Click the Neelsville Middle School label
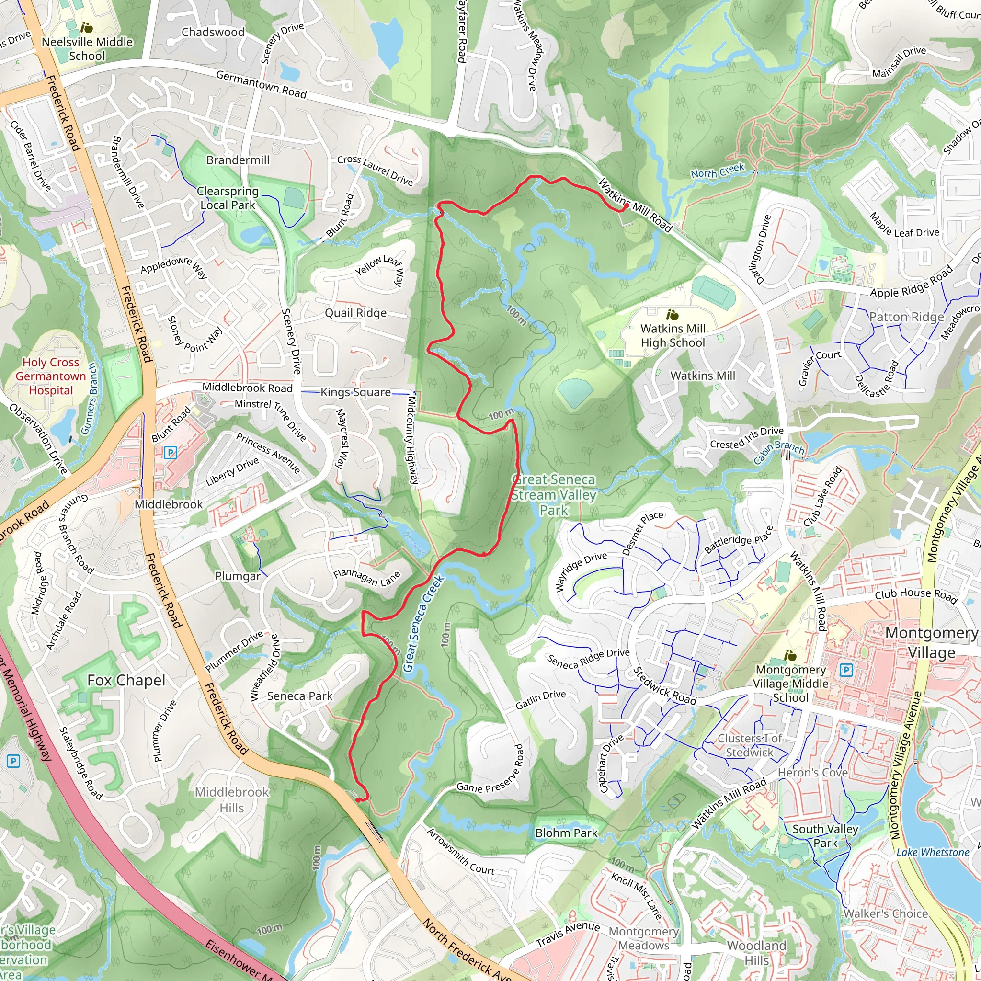pos(87,49)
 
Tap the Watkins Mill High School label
pos(673,336)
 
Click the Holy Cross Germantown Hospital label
pos(51,376)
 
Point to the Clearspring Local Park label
pos(228,198)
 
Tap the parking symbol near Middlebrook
pos(171,452)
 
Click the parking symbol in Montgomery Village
pos(846,671)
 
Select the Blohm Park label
pos(566,833)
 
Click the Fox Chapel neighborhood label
pos(126,680)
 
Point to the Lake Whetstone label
pos(933,853)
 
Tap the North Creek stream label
pos(717,171)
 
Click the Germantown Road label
pos(262,84)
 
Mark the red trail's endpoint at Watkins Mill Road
pos(627,206)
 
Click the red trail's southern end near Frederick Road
pos(358,800)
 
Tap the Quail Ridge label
pos(355,313)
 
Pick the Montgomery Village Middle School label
pos(790,684)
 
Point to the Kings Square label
pos(355,392)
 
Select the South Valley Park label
pos(825,836)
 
